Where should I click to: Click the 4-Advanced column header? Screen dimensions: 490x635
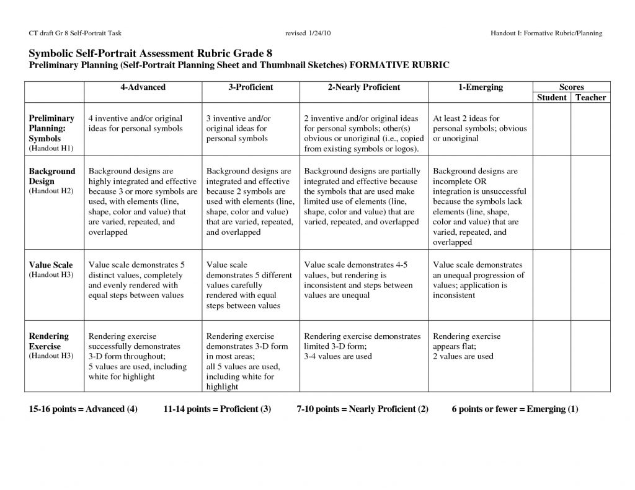pyautogui.click(x=143, y=87)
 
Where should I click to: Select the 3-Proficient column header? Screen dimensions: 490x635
pyautogui.click(x=251, y=87)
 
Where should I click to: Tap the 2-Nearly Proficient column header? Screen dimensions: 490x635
pyautogui.click(x=364, y=87)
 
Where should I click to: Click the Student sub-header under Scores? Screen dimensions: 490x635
pyautogui.click(x=552, y=98)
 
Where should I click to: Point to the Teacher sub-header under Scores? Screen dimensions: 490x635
pyautogui.click(x=590, y=98)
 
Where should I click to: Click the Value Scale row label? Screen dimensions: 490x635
pyautogui.click(x=51, y=265)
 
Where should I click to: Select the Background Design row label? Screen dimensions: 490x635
pyautogui.click(x=52, y=176)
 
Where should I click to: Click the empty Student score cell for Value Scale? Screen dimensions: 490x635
pyautogui.click(x=552, y=286)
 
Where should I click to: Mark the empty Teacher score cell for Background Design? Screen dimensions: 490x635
pyautogui.click(x=590, y=205)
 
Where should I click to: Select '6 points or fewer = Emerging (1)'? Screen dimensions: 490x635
pyautogui.click(x=515, y=409)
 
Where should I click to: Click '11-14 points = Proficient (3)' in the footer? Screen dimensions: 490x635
pyautogui.click(x=217, y=409)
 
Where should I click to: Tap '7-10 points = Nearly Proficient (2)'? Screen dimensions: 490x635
pyautogui.click(x=363, y=409)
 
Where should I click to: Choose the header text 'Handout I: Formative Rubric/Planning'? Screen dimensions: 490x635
pyautogui.click(x=546, y=33)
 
